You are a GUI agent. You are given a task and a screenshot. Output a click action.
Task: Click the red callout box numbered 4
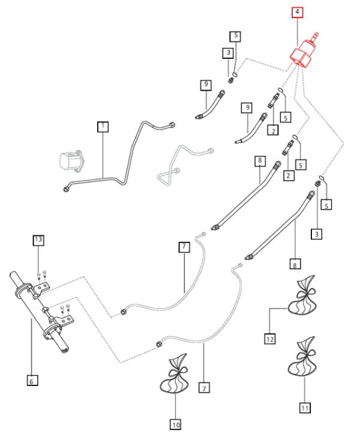coord(298,11)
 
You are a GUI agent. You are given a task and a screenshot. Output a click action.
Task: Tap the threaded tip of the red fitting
coord(316,37)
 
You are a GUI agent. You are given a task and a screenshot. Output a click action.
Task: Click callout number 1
coord(103,127)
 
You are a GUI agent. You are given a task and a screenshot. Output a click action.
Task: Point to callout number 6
coord(32,379)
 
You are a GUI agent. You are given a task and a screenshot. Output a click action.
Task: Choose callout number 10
coord(175,424)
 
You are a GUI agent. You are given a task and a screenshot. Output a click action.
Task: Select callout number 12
coord(270,339)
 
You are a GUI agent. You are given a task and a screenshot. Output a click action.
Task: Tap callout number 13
coord(38,240)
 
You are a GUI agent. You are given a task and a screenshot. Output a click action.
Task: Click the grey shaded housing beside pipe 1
coord(71,162)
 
